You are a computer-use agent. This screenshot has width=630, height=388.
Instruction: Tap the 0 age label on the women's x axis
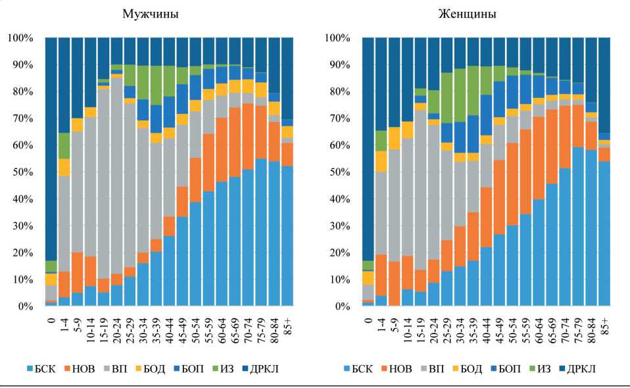click(368, 319)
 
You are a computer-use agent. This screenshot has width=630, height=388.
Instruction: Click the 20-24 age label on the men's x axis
click(116, 327)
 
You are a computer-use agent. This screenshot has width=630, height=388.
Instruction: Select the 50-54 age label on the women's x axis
click(513, 327)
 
